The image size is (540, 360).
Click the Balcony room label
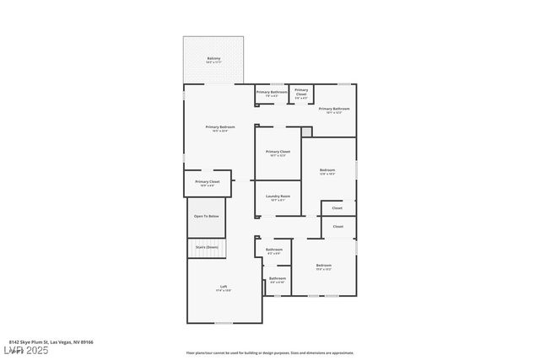(x=213, y=58)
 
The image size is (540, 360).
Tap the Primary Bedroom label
(x=219, y=126)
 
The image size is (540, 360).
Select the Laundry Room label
(x=278, y=196)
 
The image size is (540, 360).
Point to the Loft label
(x=224, y=287)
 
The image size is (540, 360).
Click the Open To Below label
(x=207, y=217)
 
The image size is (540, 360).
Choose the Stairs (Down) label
(x=207, y=247)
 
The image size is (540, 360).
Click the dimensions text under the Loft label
(x=224, y=291)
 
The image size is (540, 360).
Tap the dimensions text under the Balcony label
(x=213, y=62)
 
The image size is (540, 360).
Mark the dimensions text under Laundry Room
(x=278, y=200)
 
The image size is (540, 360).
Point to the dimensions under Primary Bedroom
(x=219, y=131)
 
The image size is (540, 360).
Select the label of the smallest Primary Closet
(x=301, y=92)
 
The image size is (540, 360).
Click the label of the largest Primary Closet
(x=278, y=152)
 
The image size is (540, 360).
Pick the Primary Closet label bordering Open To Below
(x=208, y=181)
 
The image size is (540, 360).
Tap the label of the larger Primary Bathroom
(x=333, y=109)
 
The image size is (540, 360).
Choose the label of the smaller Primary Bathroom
(x=272, y=91)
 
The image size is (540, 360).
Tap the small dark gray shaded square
(x=306, y=132)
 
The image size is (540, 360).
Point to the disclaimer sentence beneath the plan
(x=270, y=353)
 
